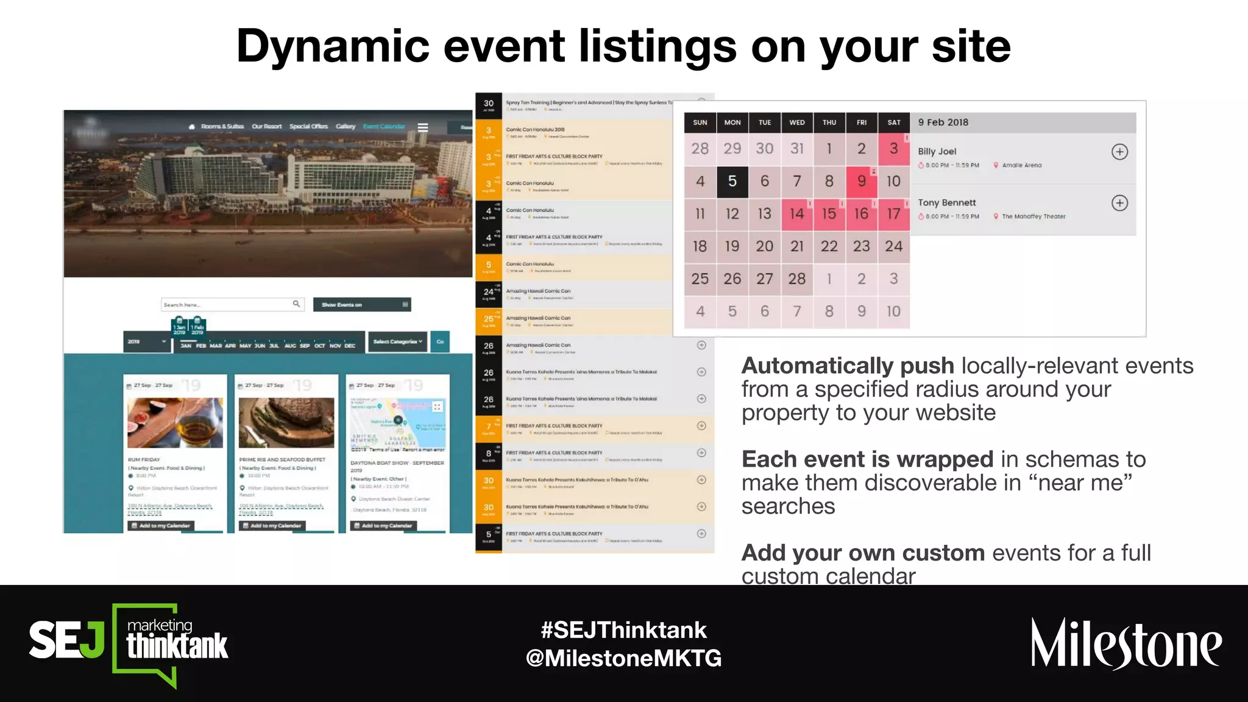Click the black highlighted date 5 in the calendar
click(732, 181)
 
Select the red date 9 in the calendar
click(861, 181)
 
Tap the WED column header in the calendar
click(796, 122)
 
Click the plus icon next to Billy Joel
click(1119, 152)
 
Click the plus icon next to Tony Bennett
click(1119, 203)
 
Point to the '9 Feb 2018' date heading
click(943, 122)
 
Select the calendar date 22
click(829, 246)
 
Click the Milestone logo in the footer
click(1126, 644)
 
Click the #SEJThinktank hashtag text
click(623, 630)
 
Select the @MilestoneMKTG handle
click(623, 658)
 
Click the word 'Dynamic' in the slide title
click(333, 46)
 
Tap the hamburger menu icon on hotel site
click(422, 127)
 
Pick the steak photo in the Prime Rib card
click(286, 423)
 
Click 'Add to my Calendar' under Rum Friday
click(161, 525)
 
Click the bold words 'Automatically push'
click(847, 366)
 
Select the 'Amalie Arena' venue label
click(1021, 165)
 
